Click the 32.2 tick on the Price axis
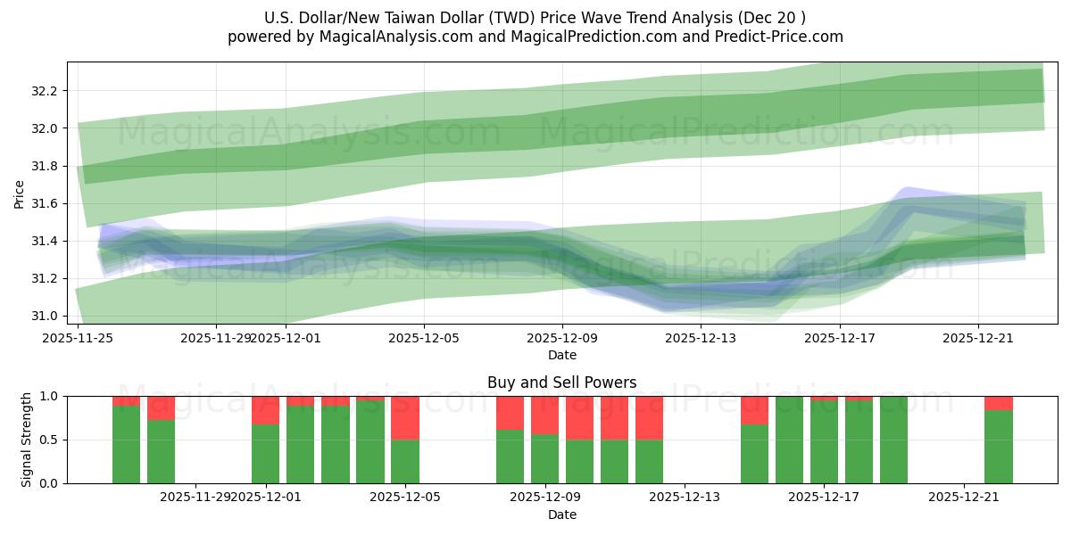44,91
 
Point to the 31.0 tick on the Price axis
44,316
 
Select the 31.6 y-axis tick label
44,203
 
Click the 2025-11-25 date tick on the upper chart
79,338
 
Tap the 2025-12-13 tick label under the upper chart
701,338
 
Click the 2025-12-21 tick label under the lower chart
964,498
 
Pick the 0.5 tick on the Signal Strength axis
50,440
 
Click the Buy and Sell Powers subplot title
561,383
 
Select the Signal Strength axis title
27,439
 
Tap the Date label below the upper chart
561,355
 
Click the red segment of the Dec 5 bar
405,417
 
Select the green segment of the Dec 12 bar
649,462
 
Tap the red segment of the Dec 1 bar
265,409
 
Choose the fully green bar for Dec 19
893,440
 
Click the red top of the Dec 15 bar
754,409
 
